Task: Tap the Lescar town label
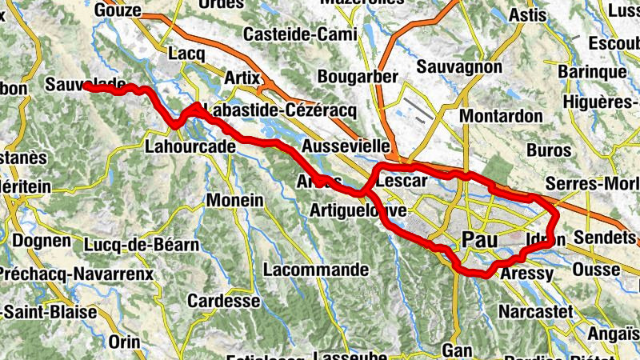click(401, 182)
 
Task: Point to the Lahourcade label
click(190, 146)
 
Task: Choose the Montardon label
click(502, 116)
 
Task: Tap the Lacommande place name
click(315, 270)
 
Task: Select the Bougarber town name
click(358, 77)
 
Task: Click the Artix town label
click(243, 78)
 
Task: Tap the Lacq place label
click(189, 53)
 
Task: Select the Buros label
click(549, 150)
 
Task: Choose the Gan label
click(457, 350)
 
